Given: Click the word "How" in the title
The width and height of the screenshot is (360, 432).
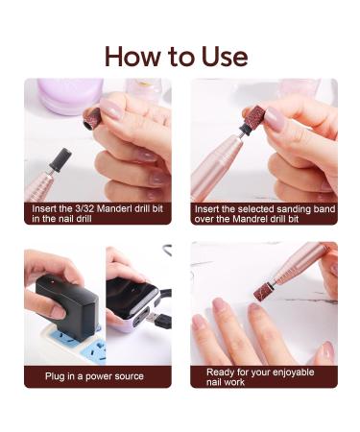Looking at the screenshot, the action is (x=132, y=57).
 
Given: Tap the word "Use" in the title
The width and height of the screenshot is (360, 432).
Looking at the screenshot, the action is (x=225, y=57).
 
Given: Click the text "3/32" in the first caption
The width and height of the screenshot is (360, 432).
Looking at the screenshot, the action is (x=84, y=209).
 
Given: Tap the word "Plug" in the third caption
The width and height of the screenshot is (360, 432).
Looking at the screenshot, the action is (x=55, y=376).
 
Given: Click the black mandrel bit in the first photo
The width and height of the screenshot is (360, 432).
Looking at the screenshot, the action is (x=60, y=159).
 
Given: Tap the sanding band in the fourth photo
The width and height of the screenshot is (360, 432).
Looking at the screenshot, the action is (x=264, y=292).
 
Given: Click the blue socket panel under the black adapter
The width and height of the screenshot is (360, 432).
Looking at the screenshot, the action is (x=76, y=342).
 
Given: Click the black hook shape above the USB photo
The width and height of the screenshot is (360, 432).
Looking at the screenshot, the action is (x=168, y=250).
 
